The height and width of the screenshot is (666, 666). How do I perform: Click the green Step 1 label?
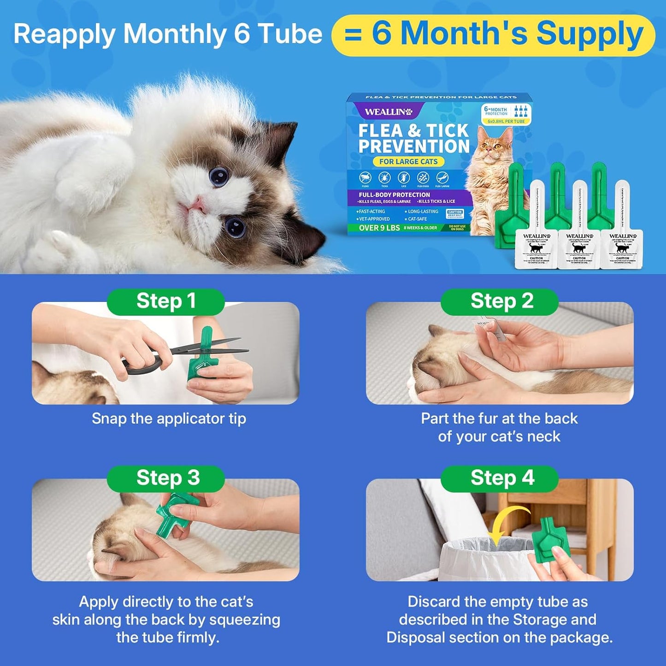166,301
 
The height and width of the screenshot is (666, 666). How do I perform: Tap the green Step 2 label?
500,301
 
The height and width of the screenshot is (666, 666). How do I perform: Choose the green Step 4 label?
500,478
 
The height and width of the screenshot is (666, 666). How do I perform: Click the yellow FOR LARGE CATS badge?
408,162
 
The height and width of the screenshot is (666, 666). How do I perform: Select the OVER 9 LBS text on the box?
379,228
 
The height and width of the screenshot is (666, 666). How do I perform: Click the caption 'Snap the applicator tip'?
169,418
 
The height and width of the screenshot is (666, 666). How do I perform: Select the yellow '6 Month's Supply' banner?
493,35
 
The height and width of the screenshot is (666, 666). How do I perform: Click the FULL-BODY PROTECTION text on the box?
394,194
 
